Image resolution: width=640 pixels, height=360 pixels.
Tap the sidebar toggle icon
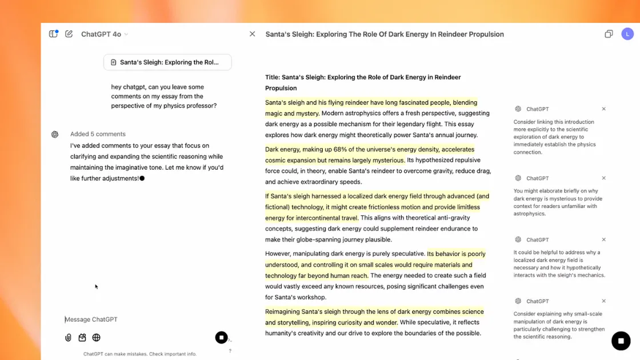(x=53, y=34)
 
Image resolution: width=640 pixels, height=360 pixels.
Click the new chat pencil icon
(x=69, y=34)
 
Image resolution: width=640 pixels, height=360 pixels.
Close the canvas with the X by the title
(x=252, y=34)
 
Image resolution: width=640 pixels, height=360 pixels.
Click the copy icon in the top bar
(x=609, y=34)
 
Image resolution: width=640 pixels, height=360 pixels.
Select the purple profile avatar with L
(x=627, y=34)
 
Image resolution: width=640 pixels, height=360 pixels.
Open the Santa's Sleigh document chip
(x=167, y=62)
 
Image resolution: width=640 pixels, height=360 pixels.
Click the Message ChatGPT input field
(x=143, y=319)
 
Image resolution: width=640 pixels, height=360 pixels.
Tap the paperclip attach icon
(x=68, y=338)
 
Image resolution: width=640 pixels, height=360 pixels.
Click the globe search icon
(x=97, y=338)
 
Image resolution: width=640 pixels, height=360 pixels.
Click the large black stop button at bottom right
(x=621, y=341)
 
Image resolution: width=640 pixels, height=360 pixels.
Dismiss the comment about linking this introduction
(x=604, y=109)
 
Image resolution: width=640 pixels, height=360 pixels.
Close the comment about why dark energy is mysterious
(x=604, y=178)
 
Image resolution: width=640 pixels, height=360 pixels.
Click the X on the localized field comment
(x=604, y=240)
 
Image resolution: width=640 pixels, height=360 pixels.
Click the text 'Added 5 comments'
(x=98, y=134)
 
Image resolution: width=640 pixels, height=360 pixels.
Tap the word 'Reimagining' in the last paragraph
(x=285, y=312)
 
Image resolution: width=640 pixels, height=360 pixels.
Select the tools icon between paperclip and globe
(x=82, y=338)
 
